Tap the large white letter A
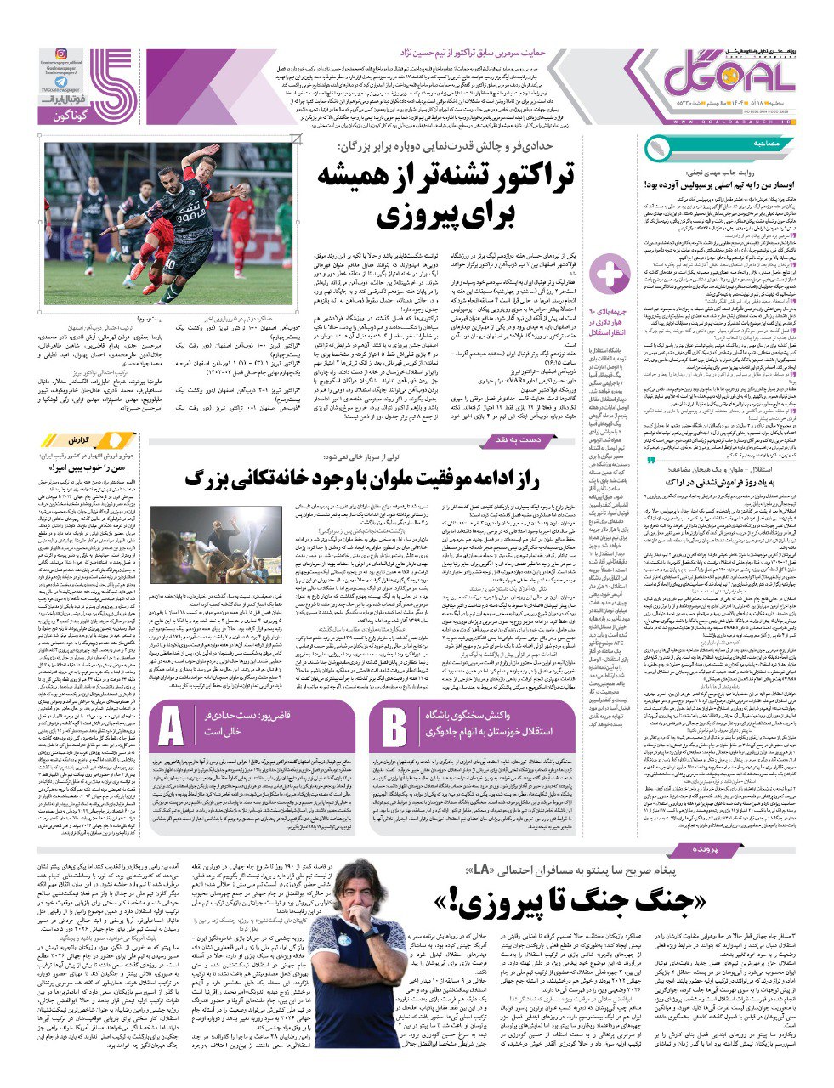172,728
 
